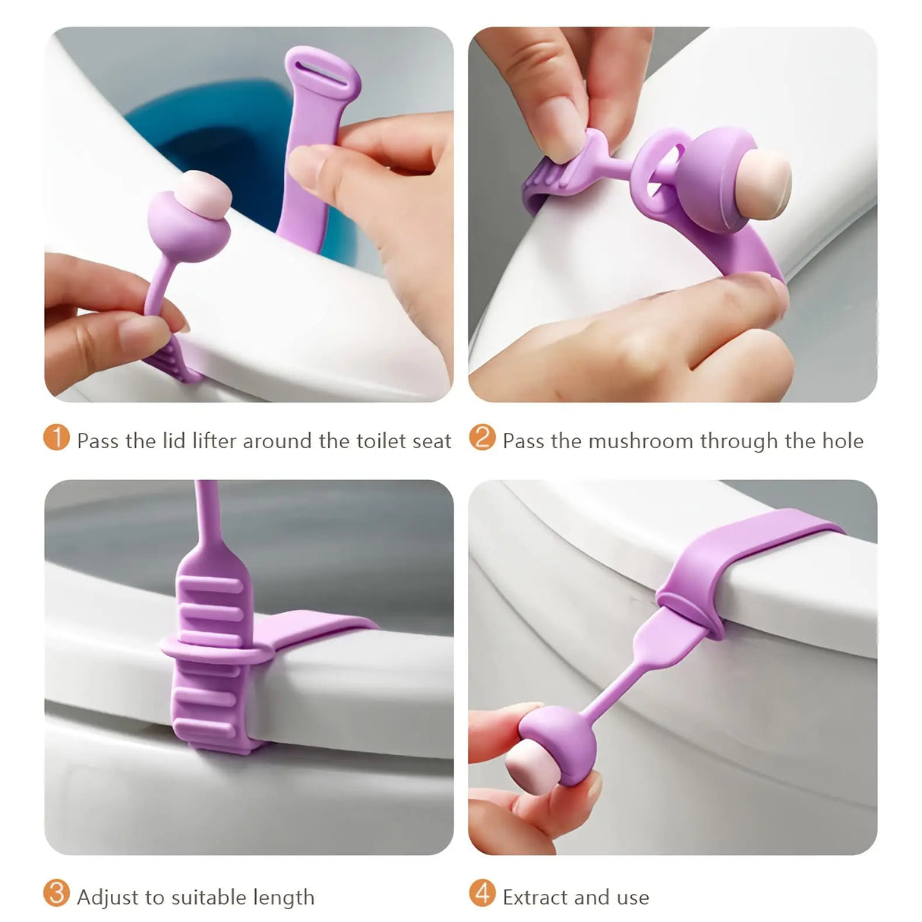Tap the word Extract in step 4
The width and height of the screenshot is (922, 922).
535,897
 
